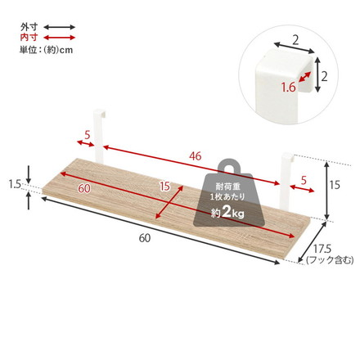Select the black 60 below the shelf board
[x=145, y=238]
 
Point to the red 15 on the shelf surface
[x=165, y=187]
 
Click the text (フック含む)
[x=329, y=261]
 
